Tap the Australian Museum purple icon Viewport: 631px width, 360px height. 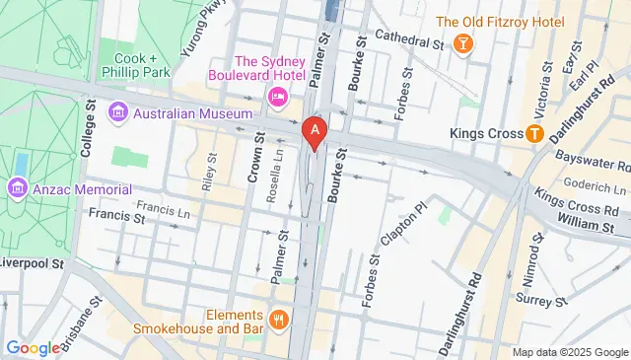(x=119, y=112)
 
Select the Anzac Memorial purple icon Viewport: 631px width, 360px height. (x=17, y=188)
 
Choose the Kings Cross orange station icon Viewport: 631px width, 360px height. (x=534, y=132)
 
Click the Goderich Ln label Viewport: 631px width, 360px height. (x=597, y=187)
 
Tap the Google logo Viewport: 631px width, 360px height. (x=34, y=347)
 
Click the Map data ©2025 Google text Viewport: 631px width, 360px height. (x=570, y=352)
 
